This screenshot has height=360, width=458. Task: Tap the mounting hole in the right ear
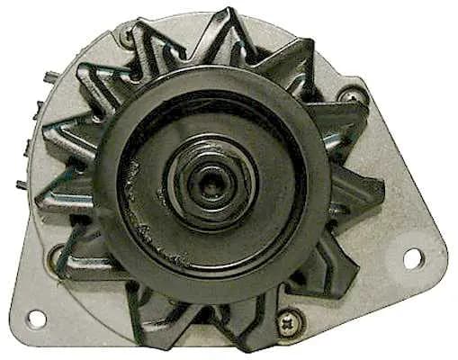(x=413, y=258)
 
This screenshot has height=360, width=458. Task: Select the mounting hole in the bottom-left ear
(x=37, y=318)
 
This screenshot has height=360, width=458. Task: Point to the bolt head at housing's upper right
(x=359, y=93)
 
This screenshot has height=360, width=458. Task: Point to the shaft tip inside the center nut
(x=212, y=175)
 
